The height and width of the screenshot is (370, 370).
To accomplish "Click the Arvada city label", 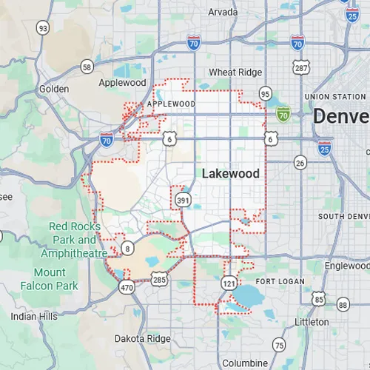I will [223, 12].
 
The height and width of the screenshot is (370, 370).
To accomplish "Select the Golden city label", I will [54, 89].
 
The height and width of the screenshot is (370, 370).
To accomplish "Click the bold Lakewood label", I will [230, 173].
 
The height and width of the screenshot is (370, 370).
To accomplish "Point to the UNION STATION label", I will [334, 97].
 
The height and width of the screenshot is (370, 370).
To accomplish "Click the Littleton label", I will [312, 322].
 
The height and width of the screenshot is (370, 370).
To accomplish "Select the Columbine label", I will [245, 363].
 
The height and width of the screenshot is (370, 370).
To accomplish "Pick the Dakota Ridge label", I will [142, 338].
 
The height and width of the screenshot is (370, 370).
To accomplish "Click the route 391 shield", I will [181, 200].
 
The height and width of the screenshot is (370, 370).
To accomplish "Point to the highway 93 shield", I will [43, 28].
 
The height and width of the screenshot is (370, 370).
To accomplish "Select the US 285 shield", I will [160, 279].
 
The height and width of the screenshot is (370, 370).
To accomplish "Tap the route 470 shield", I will [127, 288].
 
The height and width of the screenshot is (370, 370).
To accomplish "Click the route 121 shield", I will [228, 283].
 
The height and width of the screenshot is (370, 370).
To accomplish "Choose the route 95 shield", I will [265, 93].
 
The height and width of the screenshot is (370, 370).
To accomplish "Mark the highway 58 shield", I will [87, 67].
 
